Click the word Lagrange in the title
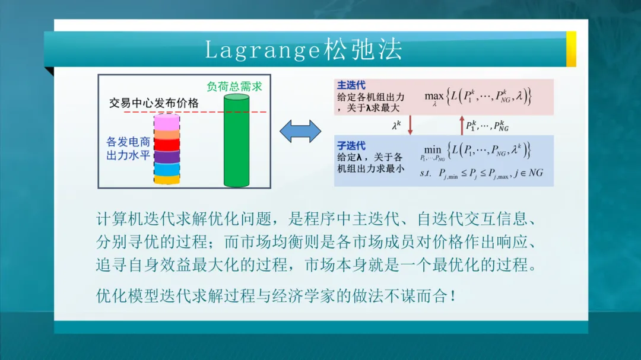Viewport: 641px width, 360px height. click(262, 50)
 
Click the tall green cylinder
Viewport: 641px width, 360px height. click(236, 141)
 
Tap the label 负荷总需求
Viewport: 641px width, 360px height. click(234, 87)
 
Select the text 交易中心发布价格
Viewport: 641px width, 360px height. click(154, 103)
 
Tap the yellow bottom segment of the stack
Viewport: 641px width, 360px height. click(167, 180)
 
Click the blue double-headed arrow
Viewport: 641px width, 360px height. click(300, 131)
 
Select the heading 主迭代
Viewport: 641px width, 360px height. click(351, 85)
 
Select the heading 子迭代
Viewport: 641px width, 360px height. click(351, 146)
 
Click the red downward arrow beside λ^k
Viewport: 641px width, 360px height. click(410, 125)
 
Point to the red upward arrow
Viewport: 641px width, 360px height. click(462, 125)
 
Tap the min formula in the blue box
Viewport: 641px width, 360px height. click(475, 151)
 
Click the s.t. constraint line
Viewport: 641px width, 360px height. click(481, 174)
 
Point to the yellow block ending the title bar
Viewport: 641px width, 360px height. click(571, 49)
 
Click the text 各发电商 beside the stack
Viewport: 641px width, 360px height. click(128, 142)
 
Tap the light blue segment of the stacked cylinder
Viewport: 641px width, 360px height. click(167, 169)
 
